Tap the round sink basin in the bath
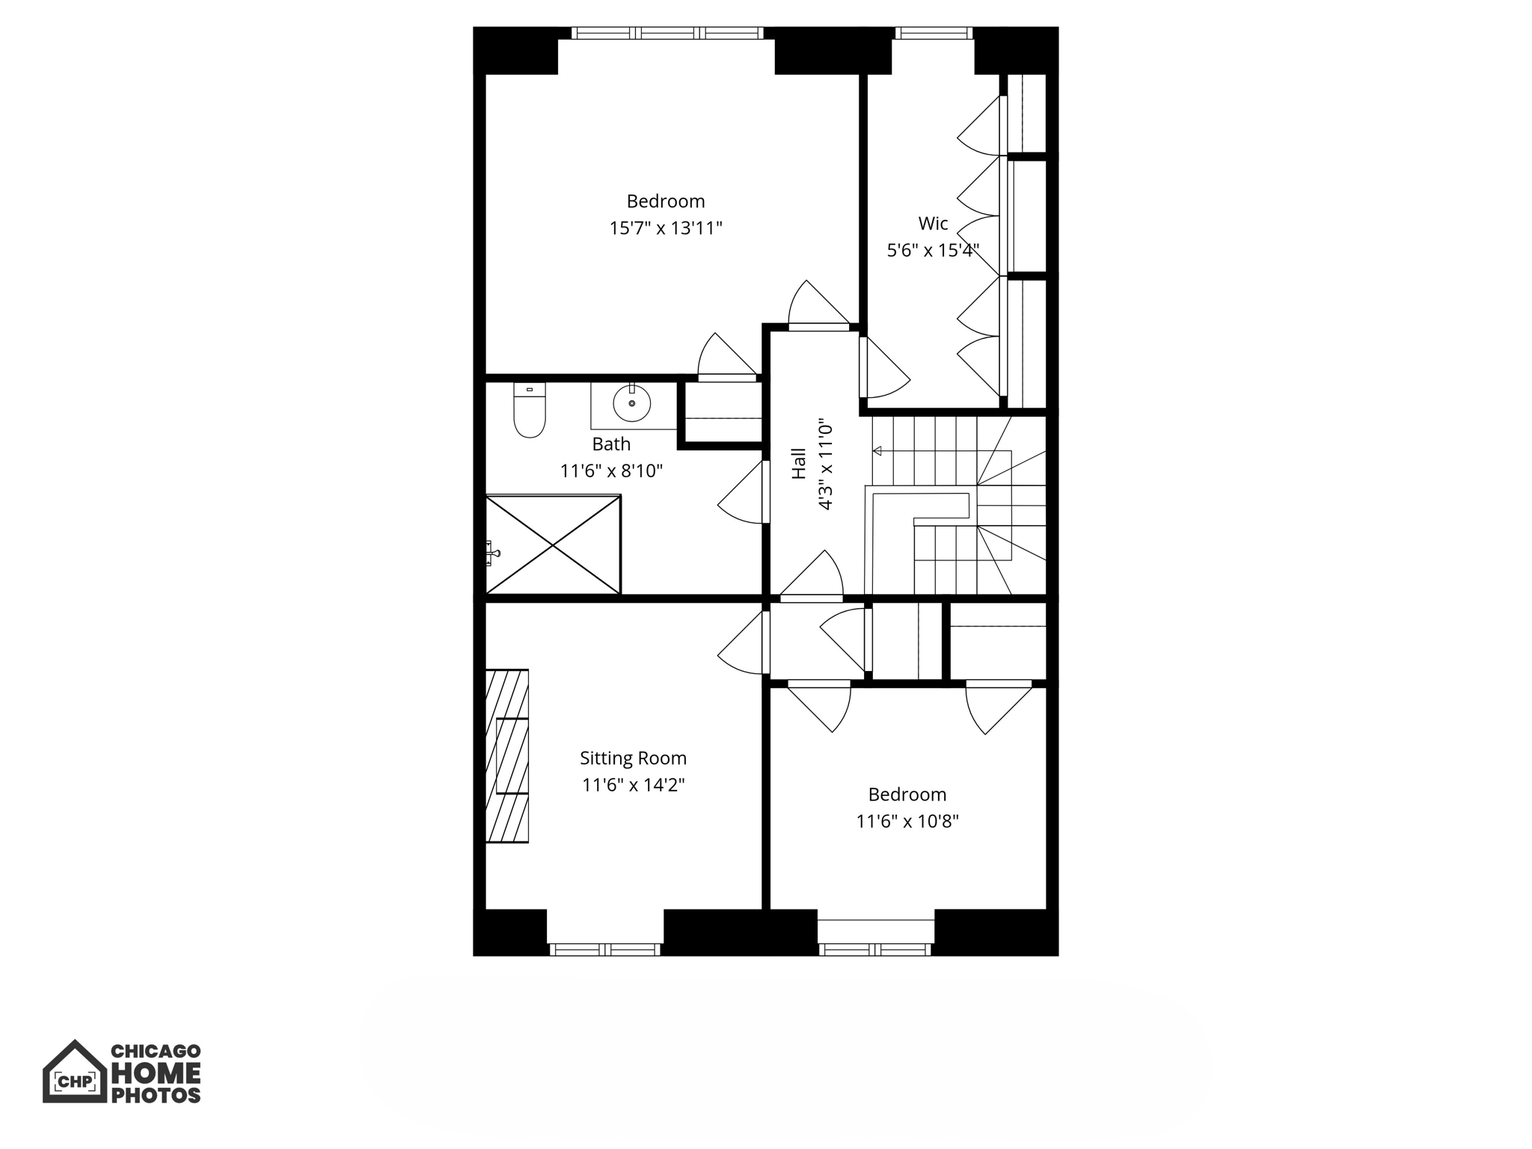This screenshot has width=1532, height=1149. click(x=632, y=403)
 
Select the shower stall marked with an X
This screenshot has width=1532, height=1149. click(x=553, y=545)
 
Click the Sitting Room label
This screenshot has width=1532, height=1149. click(x=633, y=758)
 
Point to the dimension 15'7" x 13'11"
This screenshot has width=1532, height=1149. click(x=666, y=228)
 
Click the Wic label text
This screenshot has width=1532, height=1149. click(x=933, y=223)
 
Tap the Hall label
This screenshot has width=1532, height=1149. click(x=799, y=464)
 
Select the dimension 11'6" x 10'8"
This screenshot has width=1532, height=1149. click(x=907, y=821)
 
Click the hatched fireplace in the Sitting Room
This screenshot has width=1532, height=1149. click(x=507, y=756)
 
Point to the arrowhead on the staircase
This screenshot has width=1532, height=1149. click(x=877, y=451)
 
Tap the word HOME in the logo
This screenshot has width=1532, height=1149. click(x=156, y=1073)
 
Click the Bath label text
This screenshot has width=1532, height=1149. click(x=611, y=444)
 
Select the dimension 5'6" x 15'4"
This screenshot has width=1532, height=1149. click(x=933, y=251)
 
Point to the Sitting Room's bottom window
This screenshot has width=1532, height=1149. click(x=605, y=949)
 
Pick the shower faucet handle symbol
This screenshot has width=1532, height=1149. click(x=492, y=554)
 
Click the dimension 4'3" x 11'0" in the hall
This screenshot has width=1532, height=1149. click(x=825, y=464)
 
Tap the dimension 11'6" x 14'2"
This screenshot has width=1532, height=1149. click(x=634, y=785)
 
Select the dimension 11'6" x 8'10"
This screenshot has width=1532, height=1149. click(x=611, y=471)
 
